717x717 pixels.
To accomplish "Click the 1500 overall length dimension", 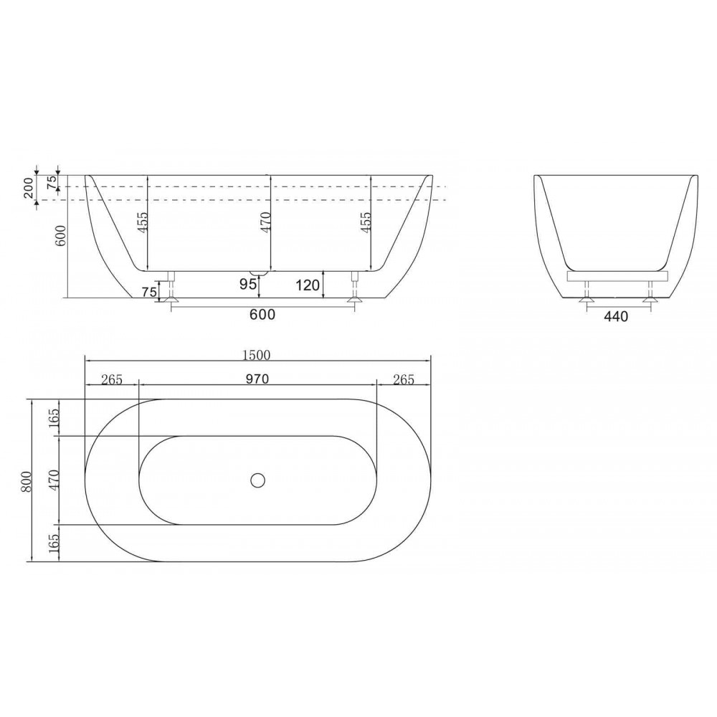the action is click(257, 355).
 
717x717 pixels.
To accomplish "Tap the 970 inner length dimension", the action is click(257, 379).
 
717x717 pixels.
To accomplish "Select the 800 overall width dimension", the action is click(26, 481).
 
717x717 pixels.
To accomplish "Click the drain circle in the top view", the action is click(258, 480).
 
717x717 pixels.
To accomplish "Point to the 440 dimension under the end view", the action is click(616, 316).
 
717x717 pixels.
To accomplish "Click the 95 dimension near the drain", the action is click(248, 285).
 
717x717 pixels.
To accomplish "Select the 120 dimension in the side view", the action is click(308, 285).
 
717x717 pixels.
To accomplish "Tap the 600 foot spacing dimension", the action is click(263, 315).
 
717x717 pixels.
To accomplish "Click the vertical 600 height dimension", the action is click(61, 235).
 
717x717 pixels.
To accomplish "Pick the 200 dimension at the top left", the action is click(29, 187).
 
